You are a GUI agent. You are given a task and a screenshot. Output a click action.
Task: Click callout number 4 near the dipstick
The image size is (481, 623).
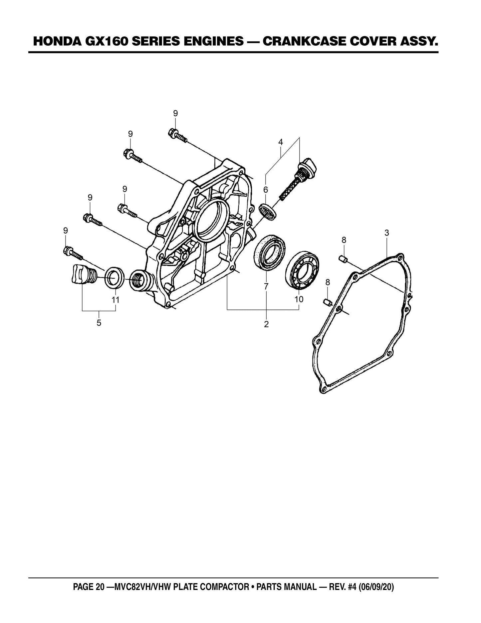coord(281,142)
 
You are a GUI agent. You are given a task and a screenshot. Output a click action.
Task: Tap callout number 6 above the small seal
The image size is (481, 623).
coord(265,190)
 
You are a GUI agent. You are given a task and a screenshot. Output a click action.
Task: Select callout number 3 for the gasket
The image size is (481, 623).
coord(386,233)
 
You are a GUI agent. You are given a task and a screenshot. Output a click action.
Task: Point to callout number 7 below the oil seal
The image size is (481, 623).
coord(266,286)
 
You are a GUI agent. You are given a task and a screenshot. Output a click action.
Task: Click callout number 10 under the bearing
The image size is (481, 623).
coord(299,299)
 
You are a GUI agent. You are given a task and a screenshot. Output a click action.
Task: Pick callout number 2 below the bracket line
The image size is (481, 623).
coord(266,324)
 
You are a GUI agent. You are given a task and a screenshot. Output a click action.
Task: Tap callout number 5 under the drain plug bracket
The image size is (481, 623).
coord(99,323)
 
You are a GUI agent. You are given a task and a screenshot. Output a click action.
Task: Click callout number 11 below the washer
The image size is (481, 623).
coord(115,300)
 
